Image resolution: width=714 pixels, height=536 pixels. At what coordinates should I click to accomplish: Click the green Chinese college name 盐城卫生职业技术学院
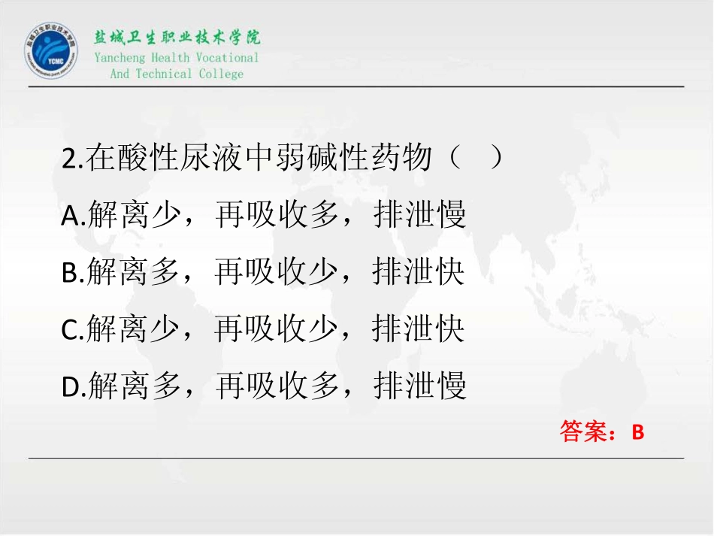click(177, 38)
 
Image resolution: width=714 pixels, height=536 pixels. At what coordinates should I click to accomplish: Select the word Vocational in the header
click(227, 58)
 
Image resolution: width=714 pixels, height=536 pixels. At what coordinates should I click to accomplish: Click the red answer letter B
click(638, 432)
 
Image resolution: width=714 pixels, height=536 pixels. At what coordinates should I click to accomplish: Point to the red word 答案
click(583, 432)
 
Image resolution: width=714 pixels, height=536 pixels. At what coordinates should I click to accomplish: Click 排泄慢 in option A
click(419, 216)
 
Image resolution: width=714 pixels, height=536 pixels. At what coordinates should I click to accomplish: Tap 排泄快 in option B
click(419, 272)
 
